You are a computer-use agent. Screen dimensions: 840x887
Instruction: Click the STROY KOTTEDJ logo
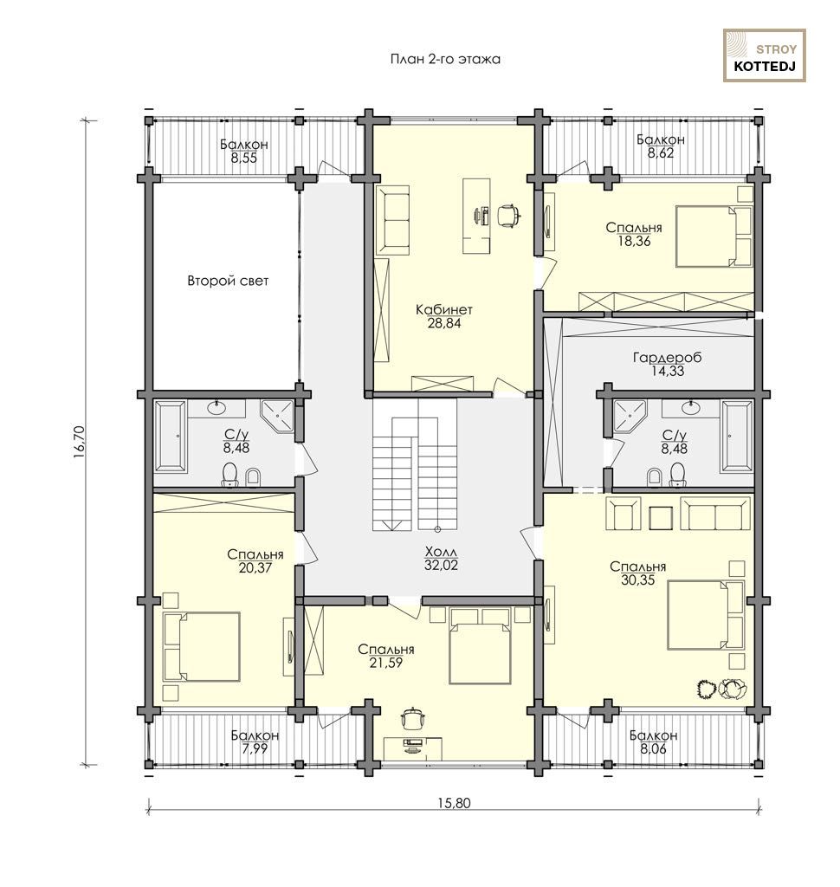[764, 55]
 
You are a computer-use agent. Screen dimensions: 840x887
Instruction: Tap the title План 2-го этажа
[445, 60]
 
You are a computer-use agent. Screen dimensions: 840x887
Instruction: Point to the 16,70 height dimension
[79, 441]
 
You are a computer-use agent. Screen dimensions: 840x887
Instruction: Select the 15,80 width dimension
[454, 803]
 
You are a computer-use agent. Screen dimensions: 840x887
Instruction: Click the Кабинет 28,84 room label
[444, 316]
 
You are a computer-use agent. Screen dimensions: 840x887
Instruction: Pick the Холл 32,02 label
[441, 558]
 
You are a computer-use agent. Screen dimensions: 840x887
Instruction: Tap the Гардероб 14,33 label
[668, 365]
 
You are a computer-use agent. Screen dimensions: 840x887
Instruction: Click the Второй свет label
[228, 281]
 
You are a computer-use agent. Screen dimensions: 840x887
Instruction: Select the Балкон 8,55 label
[244, 151]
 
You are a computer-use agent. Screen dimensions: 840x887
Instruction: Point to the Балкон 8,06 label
[653, 741]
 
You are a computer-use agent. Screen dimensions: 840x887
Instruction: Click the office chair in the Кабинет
[508, 216]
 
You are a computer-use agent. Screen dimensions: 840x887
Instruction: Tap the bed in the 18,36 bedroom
[714, 236]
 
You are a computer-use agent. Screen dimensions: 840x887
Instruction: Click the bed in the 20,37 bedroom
[202, 646]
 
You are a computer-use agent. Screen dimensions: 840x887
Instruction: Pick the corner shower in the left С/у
[276, 417]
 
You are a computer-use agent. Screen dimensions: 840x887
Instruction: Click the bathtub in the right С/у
[736, 437]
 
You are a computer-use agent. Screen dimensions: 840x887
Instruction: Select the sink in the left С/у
[216, 406]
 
